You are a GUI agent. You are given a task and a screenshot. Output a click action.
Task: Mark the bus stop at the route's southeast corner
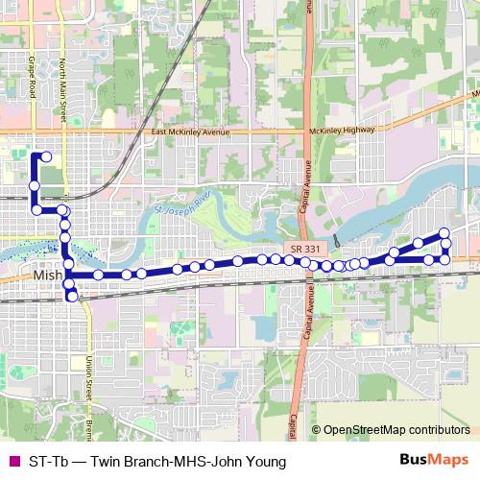click(x=444, y=259)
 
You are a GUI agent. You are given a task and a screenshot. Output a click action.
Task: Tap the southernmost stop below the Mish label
click(x=73, y=298)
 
